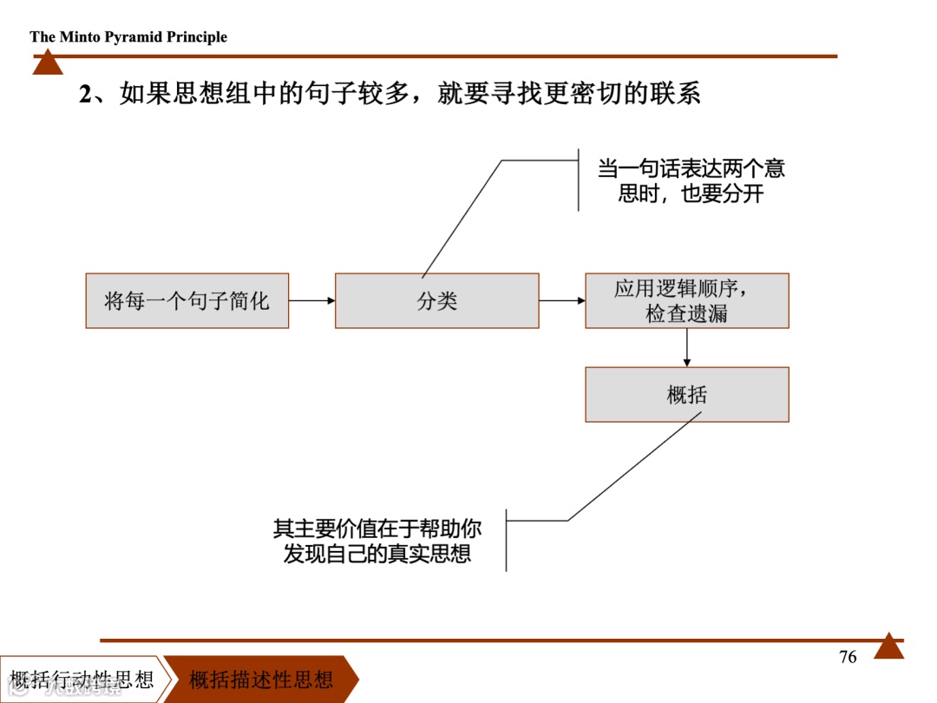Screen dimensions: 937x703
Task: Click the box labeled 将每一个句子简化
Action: [x=187, y=301]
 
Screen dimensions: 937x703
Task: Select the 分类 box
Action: [x=436, y=301]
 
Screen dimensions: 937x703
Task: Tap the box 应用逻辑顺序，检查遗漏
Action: [x=686, y=301]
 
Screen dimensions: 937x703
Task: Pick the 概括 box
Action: [x=686, y=395]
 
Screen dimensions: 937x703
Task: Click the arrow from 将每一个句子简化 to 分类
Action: [x=311, y=301]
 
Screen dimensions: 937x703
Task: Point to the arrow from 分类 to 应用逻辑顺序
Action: [x=562, y=301]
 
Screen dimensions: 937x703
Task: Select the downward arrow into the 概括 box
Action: [x=687, y=347]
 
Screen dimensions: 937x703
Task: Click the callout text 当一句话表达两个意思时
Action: [x=691, y=181]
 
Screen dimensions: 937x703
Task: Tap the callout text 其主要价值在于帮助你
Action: [x=377, y=541]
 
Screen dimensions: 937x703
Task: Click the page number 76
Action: [x=848, y=657]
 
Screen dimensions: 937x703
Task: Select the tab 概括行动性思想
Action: [x=82, y=679]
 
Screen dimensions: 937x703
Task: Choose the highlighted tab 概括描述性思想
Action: [x=261, y=679]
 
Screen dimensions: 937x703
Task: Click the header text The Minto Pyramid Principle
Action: [x=128, y=36]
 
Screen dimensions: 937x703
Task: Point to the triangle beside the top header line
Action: [x=48, y=62]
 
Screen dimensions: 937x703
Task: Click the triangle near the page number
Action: [x=888, y=647]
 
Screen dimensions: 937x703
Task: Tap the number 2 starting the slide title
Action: [x=85, y=94]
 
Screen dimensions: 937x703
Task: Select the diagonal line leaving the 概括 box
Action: [x=633, y=467]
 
